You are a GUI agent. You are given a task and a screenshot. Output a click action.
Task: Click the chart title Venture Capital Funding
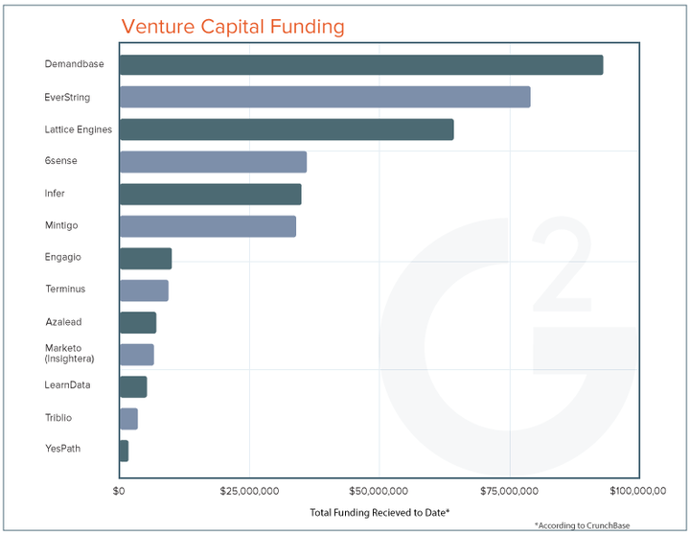[233, 26]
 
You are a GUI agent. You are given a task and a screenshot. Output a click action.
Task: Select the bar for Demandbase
[360, 65]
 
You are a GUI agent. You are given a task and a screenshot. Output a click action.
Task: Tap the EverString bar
[324, 97]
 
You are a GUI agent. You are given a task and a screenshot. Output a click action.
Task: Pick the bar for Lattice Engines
[286, 129]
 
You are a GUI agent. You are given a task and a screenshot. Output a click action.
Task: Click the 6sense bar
[213, 161]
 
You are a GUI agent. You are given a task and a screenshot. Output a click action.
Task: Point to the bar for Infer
[210, 194]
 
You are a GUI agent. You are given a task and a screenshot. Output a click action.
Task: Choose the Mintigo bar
[207, 226]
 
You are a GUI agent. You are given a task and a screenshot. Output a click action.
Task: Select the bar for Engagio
[145, 258]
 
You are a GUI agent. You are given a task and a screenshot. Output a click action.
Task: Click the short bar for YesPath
[124, 450]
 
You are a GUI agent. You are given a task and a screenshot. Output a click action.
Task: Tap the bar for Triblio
[128, 418]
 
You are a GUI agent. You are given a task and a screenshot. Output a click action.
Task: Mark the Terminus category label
[65, 289]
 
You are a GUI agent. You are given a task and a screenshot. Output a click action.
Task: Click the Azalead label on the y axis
[63, 321]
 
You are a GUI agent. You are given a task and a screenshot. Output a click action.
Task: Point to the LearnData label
[67, 385]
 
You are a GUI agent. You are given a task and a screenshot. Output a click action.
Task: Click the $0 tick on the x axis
[119, 491]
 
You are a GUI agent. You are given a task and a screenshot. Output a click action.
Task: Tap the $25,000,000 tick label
[249, 491]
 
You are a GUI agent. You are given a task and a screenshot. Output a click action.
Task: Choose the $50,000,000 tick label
[379, 491]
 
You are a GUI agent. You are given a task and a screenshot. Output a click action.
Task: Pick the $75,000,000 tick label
[510, 491]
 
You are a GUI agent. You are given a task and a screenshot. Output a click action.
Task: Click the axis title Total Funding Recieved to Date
[379, 512]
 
